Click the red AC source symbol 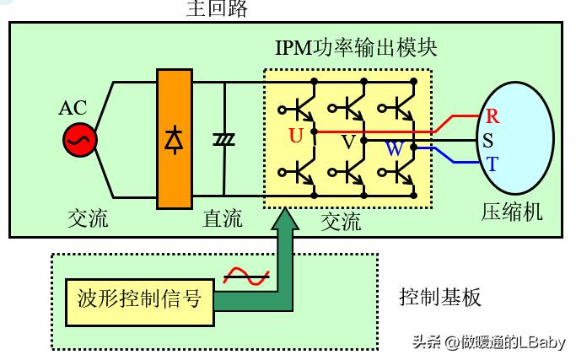point(80,140)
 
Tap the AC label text point(73,109)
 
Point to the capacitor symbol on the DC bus point(224,140)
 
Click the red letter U point(295,135)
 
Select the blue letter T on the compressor point(491,163)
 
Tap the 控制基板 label point(439,298)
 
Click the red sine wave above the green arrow point(245,275)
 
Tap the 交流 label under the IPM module point(341,222)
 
